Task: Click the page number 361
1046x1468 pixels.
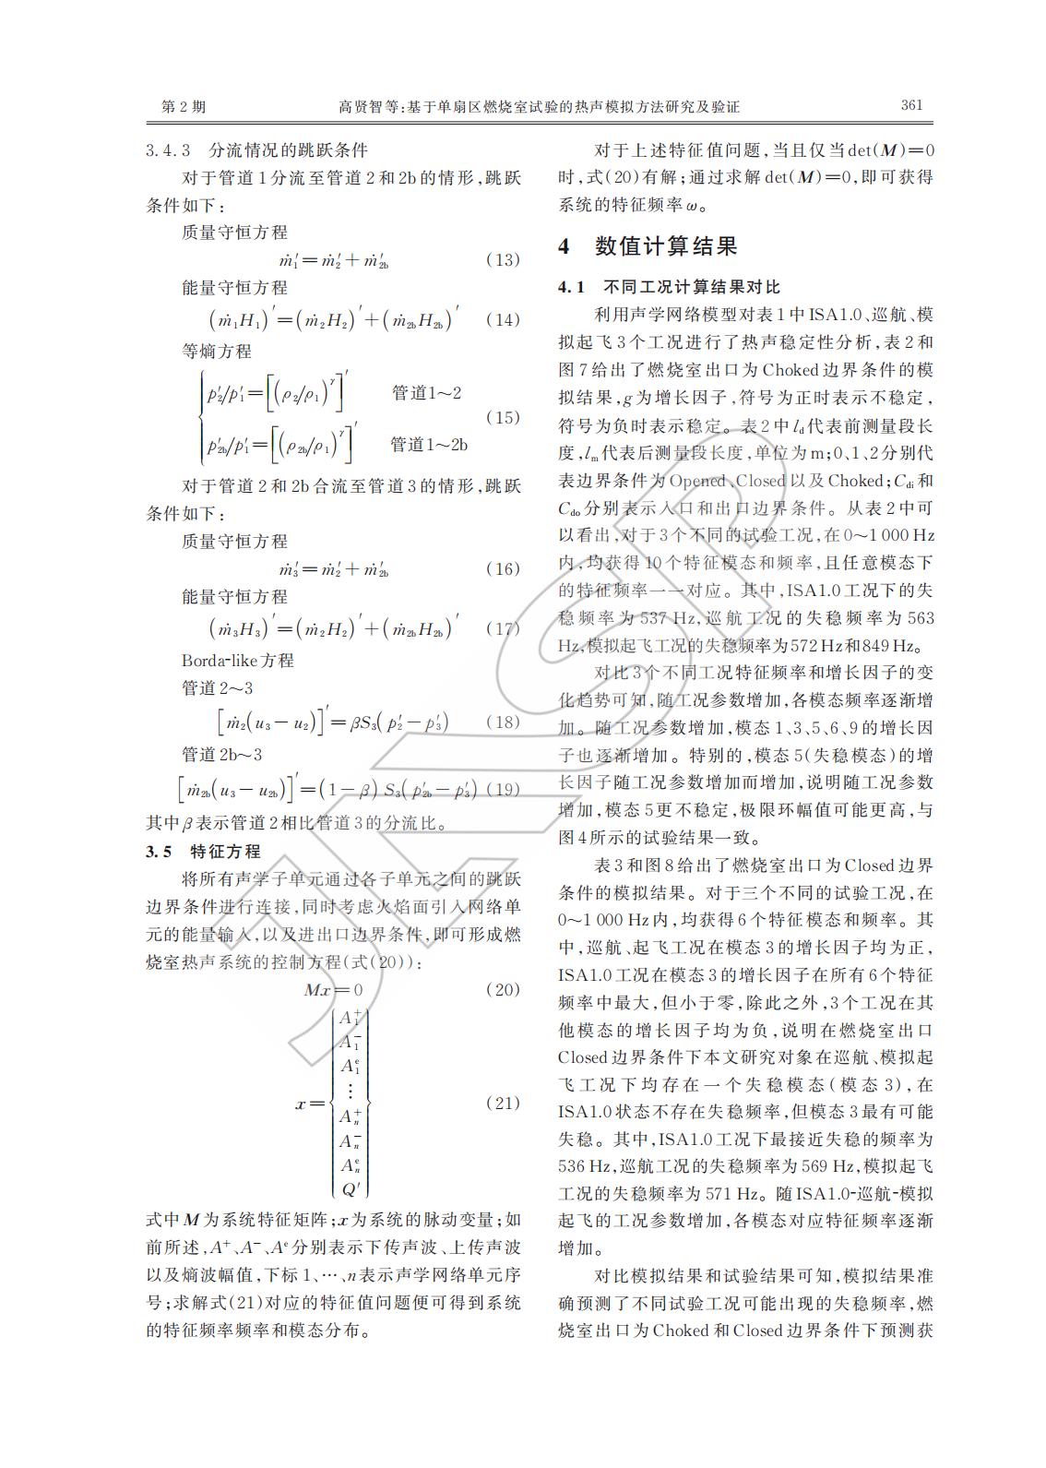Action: coord(911,105)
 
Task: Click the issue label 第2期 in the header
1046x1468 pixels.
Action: coord(184,107)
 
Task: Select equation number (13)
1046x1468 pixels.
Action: coord(503,260)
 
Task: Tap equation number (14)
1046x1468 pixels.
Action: coord(503,320)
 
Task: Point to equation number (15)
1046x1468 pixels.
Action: coord(503,417)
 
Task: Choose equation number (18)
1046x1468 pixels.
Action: coord(503,722)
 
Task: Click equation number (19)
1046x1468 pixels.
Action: coord(503,789)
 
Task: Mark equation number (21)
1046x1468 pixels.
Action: coord(503,1103)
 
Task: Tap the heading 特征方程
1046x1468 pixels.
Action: coord(225,851)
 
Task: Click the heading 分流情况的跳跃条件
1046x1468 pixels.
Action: coord(288,150)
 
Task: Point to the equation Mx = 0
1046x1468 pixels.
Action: coord(333,990)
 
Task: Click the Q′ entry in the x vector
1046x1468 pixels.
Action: coord(351,1188)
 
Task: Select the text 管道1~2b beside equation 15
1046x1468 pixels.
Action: coord(429,445)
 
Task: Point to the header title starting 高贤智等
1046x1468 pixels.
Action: coord(540,107)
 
